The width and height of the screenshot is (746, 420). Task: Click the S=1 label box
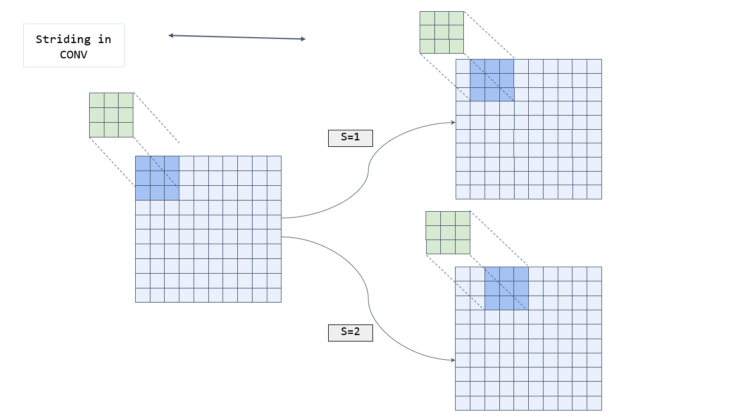tap(350, 138)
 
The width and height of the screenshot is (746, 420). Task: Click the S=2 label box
tap(350, 333)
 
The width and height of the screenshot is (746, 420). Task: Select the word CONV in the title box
tap(73, 54)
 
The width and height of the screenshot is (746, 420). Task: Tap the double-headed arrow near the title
tap(237, 37)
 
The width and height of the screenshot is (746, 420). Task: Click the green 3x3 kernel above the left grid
tap(111, 115)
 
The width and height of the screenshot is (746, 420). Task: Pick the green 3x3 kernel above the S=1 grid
tap(441, 32)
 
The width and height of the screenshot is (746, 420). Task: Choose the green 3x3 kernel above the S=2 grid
tap(448, 232)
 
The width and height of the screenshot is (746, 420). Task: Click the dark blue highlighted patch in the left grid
tap(157, 178)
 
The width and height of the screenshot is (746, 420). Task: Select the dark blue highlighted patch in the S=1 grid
tap(492, 80)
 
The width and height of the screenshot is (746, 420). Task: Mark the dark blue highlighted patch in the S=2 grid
tap(506, 288)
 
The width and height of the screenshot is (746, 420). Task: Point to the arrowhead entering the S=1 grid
tap(453, 123)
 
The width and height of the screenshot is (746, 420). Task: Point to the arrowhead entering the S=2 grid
tap(453, 360)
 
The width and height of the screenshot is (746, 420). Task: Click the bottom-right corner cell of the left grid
tap(274, 295)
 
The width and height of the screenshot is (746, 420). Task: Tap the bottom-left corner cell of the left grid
tap(143, 295)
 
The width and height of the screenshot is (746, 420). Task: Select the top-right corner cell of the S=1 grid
tap(594, 66)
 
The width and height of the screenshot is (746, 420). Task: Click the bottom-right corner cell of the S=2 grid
tap(594, 403)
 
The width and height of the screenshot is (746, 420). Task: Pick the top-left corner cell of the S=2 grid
tap(463, 274)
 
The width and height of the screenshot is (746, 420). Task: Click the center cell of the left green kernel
tap(111, 115)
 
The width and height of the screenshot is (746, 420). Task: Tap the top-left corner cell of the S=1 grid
tap(463, 66)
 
